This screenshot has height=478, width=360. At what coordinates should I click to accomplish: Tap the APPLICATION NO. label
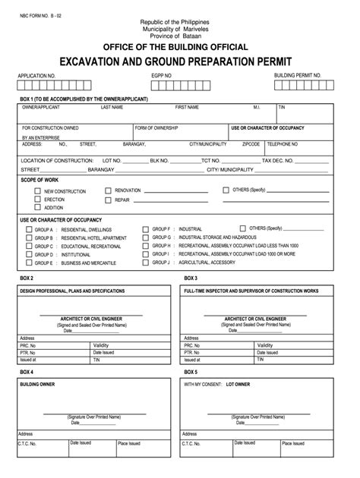coord(36,77)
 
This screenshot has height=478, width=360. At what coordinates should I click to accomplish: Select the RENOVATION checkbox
coord(108,190)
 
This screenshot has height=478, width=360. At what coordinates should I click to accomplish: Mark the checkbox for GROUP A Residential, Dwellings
coord(29,228)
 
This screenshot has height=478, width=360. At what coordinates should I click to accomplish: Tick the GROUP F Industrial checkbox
coord(146,228)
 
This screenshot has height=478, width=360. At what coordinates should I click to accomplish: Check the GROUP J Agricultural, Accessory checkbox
coord(146,263)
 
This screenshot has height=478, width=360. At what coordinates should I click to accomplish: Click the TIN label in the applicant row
coord(282,108)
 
